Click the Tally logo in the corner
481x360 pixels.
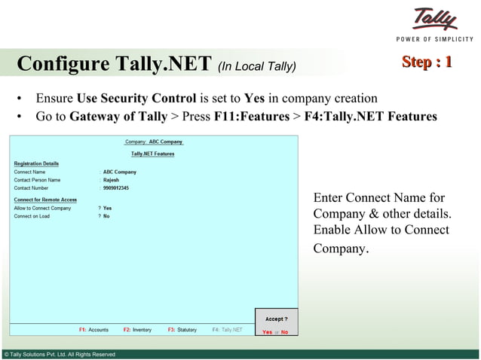click(434, 20)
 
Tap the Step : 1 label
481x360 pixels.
click(427, 62)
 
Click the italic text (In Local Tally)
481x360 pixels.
click(256, 66)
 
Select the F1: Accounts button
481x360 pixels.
click(93, 330)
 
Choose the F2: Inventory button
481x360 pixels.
click(137, 330)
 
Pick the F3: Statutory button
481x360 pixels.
click(182, 330)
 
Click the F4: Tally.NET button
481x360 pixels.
click(227, 330)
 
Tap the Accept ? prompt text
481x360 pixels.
click(276, 319)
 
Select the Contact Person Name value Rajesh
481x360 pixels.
click(111, 180)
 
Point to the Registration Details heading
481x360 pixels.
click(36, 163)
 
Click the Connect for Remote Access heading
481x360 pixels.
click(45, 200)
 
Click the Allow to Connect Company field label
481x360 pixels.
click(42, 208)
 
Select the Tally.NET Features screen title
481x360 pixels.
click(152, 154)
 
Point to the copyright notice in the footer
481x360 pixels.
click(60, 354)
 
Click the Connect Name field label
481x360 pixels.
click(29, 172)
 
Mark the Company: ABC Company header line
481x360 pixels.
click(153, 142)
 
